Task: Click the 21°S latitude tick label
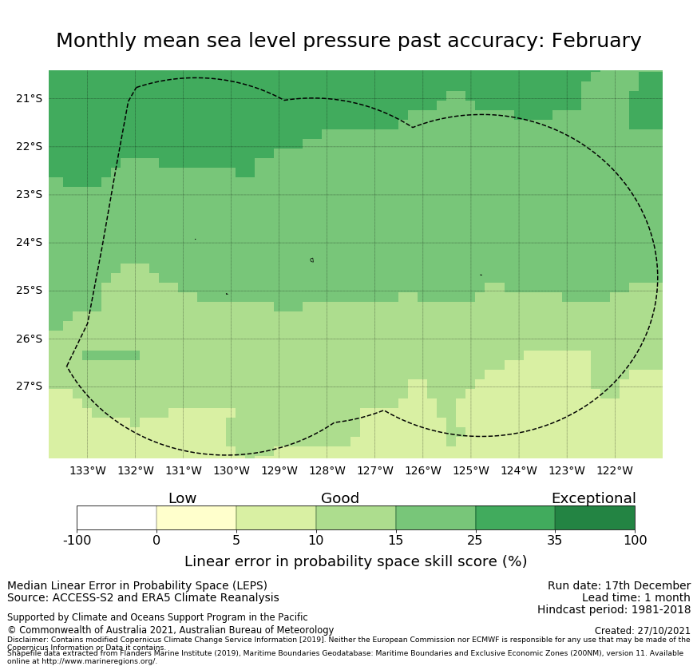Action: tap(29, 98)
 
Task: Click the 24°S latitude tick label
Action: tap(29, 242)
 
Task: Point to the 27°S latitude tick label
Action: tap(29, 386)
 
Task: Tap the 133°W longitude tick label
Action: tap(87, 470)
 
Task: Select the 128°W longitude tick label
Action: tap(327, 470)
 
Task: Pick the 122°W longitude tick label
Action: tap(614, 470)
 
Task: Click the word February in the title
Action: tap(592, 42)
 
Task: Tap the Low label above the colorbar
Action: tap(182, 498)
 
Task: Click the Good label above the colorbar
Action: tap(340, 498)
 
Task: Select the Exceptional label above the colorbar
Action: tap(593, 498)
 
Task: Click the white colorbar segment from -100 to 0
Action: tap(117, 517)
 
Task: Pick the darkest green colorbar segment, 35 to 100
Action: tap(595, 517)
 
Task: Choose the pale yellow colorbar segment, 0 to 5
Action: tap(196, 517)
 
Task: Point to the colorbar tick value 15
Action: tap(395, 541)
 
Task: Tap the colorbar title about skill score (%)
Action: tap(355, 561)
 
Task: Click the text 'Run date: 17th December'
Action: tap(619, 585)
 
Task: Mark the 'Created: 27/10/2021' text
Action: tap(642, 630)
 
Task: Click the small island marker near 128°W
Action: tap(311, 260)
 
